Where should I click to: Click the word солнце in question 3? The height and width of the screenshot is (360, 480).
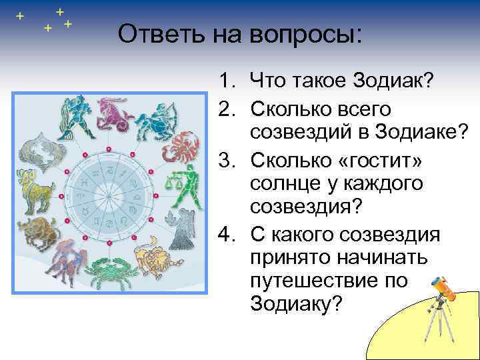point(288,183)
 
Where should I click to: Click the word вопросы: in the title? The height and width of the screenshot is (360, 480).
point(306,34)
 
